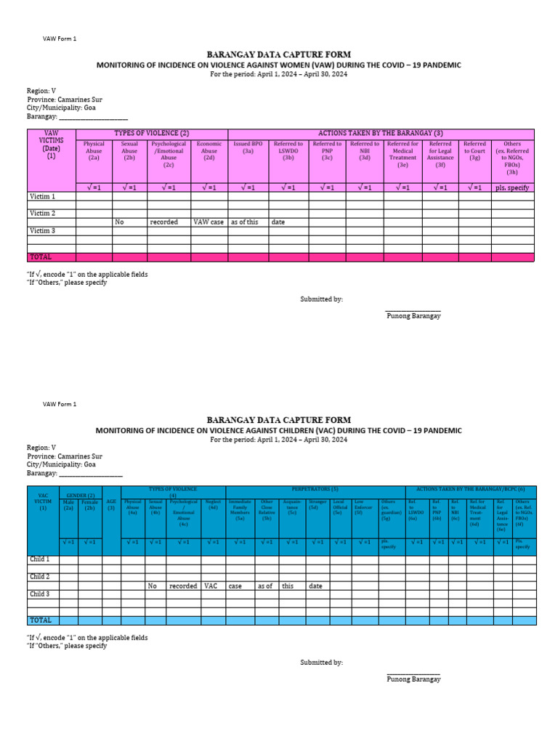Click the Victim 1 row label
[x=41, y=197]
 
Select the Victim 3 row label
[x=41, y=231]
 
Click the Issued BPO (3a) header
[x=248, y=148]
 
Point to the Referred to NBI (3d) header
[x=364, y=148]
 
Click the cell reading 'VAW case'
[x=209, y=222]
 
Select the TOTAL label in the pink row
[x=41, y=257]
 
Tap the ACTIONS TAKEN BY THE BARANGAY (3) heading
[x=381, y=134]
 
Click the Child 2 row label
[x=40, y=577]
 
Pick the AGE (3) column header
[x=111, y=504]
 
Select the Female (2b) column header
[x=90, y=504]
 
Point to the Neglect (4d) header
[x=213, y=503]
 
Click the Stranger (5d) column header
[x=318, y=503]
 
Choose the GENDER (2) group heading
[x=80, y=495]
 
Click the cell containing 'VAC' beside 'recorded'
[x=211, y=586]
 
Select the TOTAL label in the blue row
[x=40, y=620]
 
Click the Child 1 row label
[x=40, y=560]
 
